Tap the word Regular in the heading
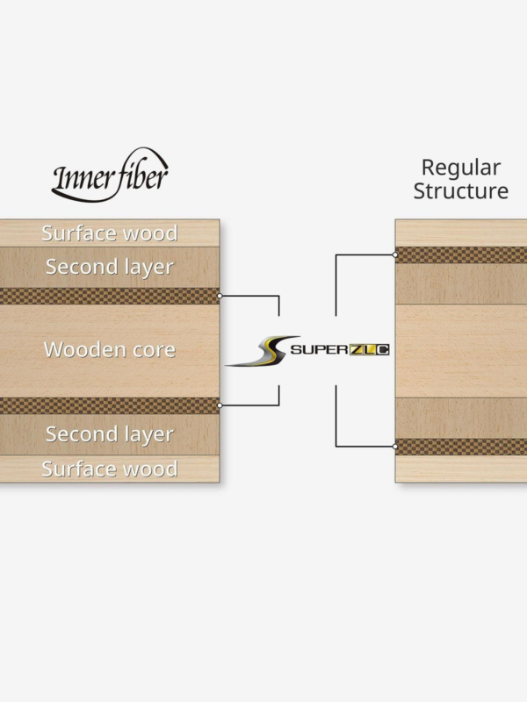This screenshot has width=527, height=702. pyautogui.click(x=460, y=168)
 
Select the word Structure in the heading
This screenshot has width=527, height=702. pyautogui.click(x=460, y=190)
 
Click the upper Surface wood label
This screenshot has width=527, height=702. pyautogui.click(x=110, y=233)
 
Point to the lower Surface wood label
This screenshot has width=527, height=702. pyautogui.click(x=110, y=469)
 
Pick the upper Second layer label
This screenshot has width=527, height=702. pyautogui.click(x=110, y=268)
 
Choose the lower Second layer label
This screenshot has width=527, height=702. pyautogui.click(x=110, y=434)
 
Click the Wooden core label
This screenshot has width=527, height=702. pyautogui.click(x=110, y=349)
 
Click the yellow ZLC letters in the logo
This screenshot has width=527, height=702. pyautogui.click(x=369, y=349)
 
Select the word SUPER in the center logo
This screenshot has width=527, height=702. pyautogui.click(x=320, y=349)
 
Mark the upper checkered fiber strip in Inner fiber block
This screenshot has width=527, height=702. pyautogui.click(x=110, y=296)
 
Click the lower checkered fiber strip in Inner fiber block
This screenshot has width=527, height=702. pyautogui.click(x=110, y=405)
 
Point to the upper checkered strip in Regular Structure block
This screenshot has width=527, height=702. pyautogui.click(x=461, y=254)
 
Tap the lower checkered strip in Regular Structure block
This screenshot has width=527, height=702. pyautogui.click(x=461, y=447)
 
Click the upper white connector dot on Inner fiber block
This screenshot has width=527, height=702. pyautogui.click(x=220, y=296)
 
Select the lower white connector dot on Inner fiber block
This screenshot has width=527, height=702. pyautogui.click(x=220, y=405)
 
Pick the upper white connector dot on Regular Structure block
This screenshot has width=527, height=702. pyautogui.click(x=394, y=254)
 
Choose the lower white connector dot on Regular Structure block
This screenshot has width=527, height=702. pyautogui.click(x=394, y=447)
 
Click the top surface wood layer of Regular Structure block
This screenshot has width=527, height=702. pyautogui.click(x=461, y=233)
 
